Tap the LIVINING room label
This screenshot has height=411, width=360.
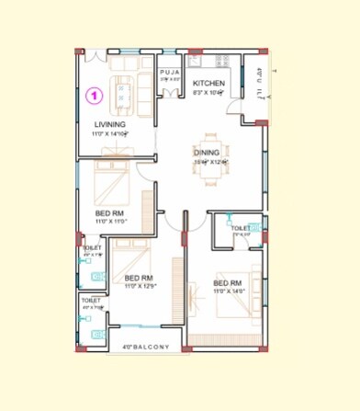[x=110, y=125]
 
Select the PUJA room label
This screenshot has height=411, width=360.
[x=170, y=72]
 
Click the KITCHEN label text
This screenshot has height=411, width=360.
[x=208, y=83]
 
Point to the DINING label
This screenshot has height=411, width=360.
[x=207, y=153]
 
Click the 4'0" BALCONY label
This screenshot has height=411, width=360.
[x=146, y=347]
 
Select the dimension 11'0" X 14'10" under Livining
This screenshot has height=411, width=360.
[x=109, y=134]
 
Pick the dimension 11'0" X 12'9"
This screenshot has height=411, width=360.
[x=138, y=287]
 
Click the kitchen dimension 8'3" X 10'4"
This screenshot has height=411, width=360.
[x=208, y=92]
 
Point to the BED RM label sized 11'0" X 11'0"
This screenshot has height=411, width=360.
[x=110, y=212]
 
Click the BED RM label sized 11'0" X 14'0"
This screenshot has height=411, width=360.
[x=227, y=282]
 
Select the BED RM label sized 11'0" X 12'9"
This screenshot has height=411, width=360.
[x=138, y=278]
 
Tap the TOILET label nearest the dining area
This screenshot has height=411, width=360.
[x=241, y=227]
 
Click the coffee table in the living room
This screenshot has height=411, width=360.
[x=128, y=93]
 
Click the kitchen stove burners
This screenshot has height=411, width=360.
[x=220, y=63]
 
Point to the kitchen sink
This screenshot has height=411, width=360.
[x=196, y=63]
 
